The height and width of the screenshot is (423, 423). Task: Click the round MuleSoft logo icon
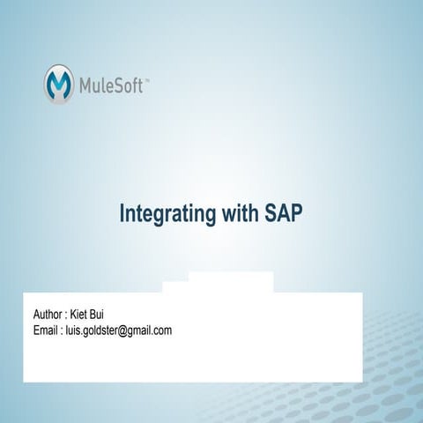[x=60, y=84]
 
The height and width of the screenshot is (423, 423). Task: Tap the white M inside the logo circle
[x=60, y=84]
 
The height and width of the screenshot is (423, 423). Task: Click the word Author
[x=48, y=315]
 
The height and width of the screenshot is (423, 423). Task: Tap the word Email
[x=45, y=330]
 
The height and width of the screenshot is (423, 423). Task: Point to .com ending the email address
[x=164, y=331]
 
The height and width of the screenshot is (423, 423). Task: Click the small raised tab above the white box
[x=231, y=282]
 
